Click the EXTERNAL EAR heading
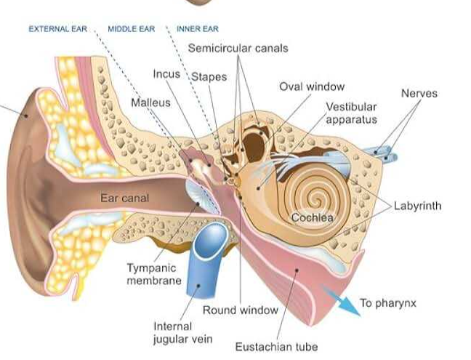click(x=57, y=29)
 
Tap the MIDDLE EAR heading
click(x=131, y=29)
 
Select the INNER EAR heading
click(x=198, y=29)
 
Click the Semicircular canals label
click(x=238, y=49)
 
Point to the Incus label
click(x=166, y=74)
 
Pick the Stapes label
click(x=209, y=76)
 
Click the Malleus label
click(x=150, y=103)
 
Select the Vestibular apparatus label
click(x=351, y=113)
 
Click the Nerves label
click(x=419, y=94)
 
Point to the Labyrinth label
click(x=417, y=206)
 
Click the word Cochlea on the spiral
click(x=312, y=217)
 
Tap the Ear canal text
click(x=125, y=197)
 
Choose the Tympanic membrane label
click(x=154, y=274)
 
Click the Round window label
click(x=240, y=310)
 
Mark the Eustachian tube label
click(x=276, y=347)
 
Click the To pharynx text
click(x=388, y=303)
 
